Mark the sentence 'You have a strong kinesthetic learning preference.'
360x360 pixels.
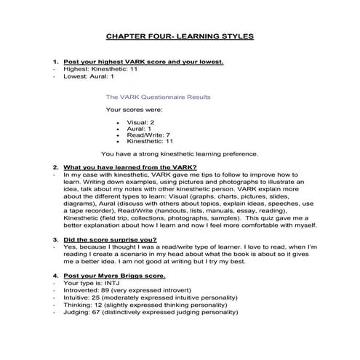pyautogui.click(x=180, y=154)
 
